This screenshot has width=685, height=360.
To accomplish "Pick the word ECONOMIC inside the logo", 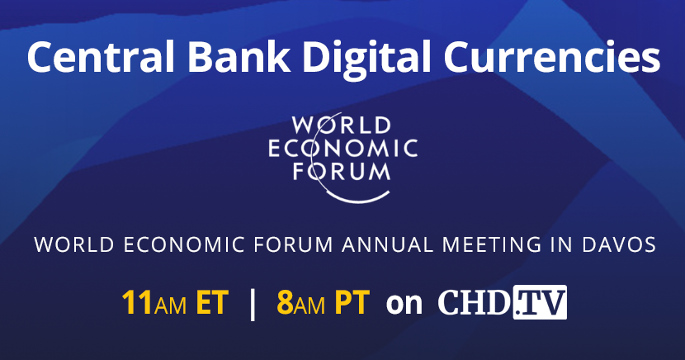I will click(342, 149).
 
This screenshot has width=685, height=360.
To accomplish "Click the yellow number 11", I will click(136, 303).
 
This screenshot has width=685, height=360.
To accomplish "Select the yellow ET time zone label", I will click(212, 303).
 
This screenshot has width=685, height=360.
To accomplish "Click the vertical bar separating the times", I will click(252, 303).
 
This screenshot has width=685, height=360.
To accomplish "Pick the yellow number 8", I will click(286, 303).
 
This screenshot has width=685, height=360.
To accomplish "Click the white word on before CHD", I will click(404, 304).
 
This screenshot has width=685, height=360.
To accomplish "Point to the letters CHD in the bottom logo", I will click(473, 303).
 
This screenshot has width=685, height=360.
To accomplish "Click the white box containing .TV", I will click(540, 303).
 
